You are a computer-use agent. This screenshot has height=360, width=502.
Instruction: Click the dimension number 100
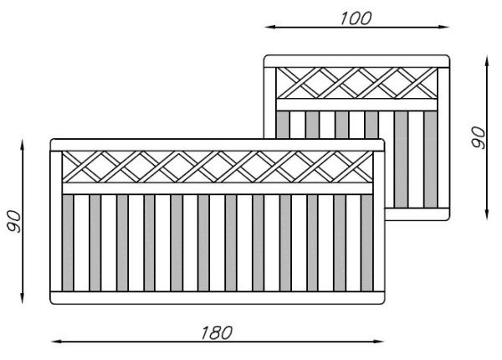click(x=356, y=18)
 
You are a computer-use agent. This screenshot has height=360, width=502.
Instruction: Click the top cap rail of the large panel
click(x=218, y=145)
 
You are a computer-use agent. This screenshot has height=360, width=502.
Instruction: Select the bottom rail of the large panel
click(x=218, y=297)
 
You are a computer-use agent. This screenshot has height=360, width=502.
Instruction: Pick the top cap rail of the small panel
click(x=356, y=60)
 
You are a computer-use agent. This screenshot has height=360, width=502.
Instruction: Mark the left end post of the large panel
click(x=57, y=222)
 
